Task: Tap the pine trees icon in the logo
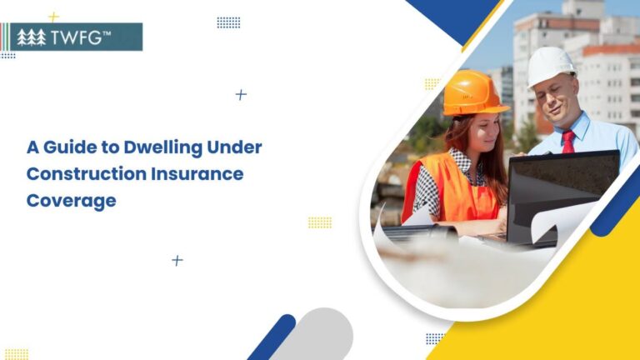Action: pos(32,37)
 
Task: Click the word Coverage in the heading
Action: pos(71,201)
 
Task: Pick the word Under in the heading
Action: pos(234,148)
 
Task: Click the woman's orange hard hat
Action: pos(473,92)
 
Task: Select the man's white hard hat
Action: pos(551,65)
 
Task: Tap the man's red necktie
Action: pos(567,142)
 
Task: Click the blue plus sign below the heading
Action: pos(177,261)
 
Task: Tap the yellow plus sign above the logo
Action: pos(53,17)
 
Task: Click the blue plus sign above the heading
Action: pos(241,95)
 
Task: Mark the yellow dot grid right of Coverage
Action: pos(319,222)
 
